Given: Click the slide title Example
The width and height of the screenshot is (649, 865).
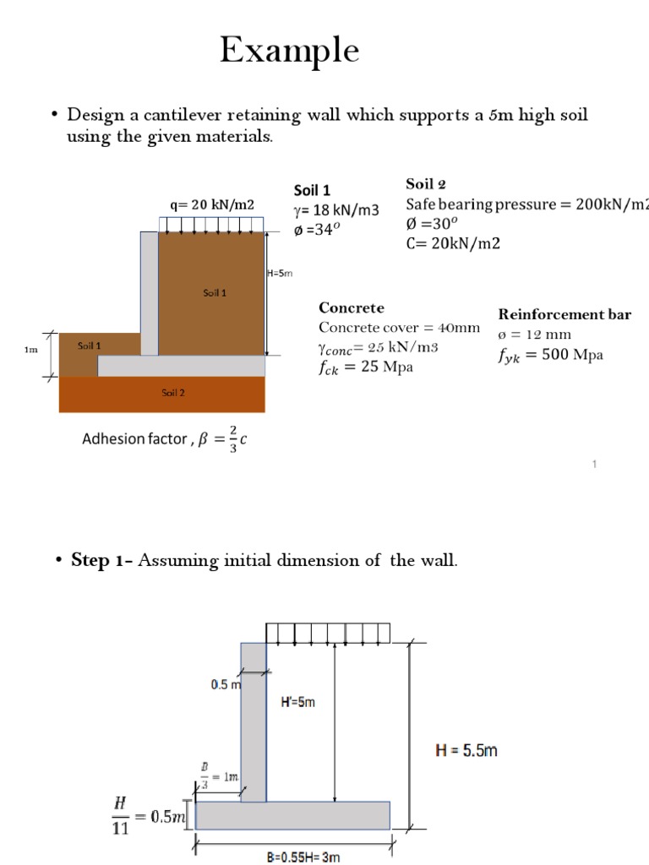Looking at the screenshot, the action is (x=289, y=52).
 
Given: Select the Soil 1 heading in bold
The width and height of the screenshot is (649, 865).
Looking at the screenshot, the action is (x=313, y=190).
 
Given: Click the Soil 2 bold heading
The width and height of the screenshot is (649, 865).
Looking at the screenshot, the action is (x=426, y=184).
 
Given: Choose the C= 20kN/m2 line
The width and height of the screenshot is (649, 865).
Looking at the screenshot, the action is (x=453, y=243).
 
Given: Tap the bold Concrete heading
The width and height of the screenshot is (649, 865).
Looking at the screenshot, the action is (x=351, y=307).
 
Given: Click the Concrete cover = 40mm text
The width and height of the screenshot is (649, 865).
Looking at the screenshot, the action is (x=399, y=328).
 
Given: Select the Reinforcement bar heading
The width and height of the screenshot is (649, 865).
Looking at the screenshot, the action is (x=564, y=314).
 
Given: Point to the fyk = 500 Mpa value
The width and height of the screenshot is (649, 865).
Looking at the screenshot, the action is (x=550, y=355).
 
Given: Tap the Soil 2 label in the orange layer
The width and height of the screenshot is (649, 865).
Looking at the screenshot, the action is (x=173, y=392).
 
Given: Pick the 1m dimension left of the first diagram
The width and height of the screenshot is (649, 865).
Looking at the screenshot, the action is (x=31, y=348).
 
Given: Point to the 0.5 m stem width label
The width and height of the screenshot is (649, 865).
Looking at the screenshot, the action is (x=224, y=685).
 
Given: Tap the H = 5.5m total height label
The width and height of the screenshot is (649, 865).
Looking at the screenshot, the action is (x=465, y=750).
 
